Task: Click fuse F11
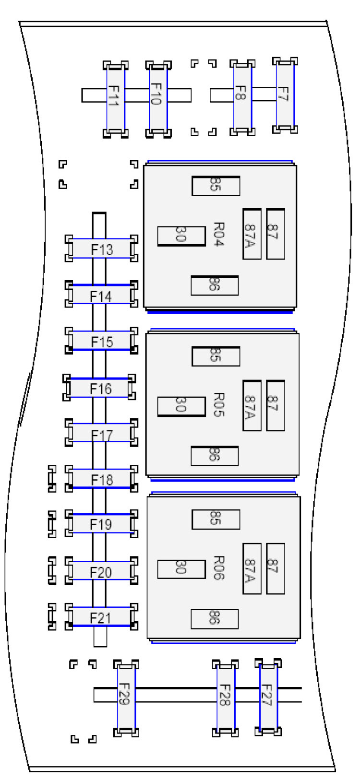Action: coord(116,98)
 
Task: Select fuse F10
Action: coord(158,98)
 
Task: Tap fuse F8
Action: coord(242,96)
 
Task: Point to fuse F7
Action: coord(285,95)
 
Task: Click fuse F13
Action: coord(101,248)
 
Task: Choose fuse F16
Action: coord(100,388)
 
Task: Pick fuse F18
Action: coord(101,479)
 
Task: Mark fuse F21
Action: coord(101,617)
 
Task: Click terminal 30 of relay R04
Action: coord(181,236)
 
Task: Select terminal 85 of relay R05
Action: coord(216,356)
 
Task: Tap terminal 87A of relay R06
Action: coord(252,568)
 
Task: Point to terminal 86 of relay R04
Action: coord(215,285)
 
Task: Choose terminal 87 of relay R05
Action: coord(276,405)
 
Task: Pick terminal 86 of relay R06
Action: coord(215,619)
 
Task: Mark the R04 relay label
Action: coord(219,234)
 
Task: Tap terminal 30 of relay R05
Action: coord(181,406)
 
